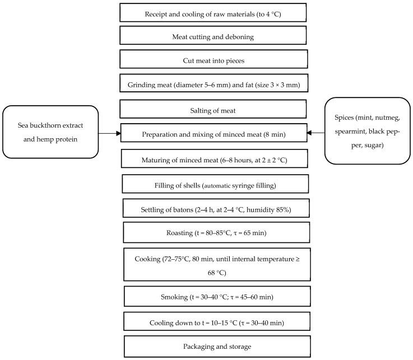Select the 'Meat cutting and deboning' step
pyautogui.click(x=214, y=36)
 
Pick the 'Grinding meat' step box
pyautogui.click(x=214, y=84)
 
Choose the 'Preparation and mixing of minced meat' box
pyautogui.click(x=214, y=134)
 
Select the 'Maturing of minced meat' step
pyautogui.click(x=214, y=160)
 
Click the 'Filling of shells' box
pyautogui.click(x=215, y=184)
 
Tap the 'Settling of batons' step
pyautogui.click(x=215, y=208)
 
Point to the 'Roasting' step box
pyautogui.click(x=216, y=232)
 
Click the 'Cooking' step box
pyautogui.click(x=216, y=265)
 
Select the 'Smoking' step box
pyautogui.click(x=216, y=297)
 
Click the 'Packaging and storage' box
pyautogui.click(x=216, y=347)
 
